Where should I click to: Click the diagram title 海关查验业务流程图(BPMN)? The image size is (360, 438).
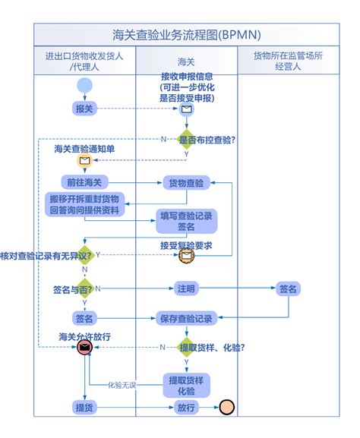coord(186,35)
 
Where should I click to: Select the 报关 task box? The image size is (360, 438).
coord(84,109)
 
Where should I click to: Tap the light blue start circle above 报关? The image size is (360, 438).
coord(84,85)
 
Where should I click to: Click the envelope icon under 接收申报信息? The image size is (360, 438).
coord(186,109)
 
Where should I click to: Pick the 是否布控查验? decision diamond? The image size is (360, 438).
coord(186,139)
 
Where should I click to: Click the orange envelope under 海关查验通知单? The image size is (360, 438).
coord(84,161)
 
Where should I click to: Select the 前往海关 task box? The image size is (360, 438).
coord(84,182)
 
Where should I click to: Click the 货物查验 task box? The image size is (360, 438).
coord(186,183)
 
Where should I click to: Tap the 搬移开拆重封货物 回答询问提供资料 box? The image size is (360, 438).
coord(84,204)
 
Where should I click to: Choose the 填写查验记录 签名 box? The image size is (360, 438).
coord(186,221)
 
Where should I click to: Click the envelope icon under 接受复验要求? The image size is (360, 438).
coord(186,256)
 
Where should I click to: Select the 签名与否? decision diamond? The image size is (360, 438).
coord(84,288)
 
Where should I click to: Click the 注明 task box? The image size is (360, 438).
coord(186,288)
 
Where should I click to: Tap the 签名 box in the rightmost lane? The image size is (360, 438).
coord(288,288)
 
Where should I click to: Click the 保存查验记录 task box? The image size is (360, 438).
coord(186,318)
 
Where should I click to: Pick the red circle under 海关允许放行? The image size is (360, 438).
coord(84,347)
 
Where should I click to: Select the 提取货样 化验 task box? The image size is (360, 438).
coord(186,385)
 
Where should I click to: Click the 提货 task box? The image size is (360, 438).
coord(84,408)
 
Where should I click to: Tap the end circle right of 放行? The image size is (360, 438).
coord(226,408)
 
